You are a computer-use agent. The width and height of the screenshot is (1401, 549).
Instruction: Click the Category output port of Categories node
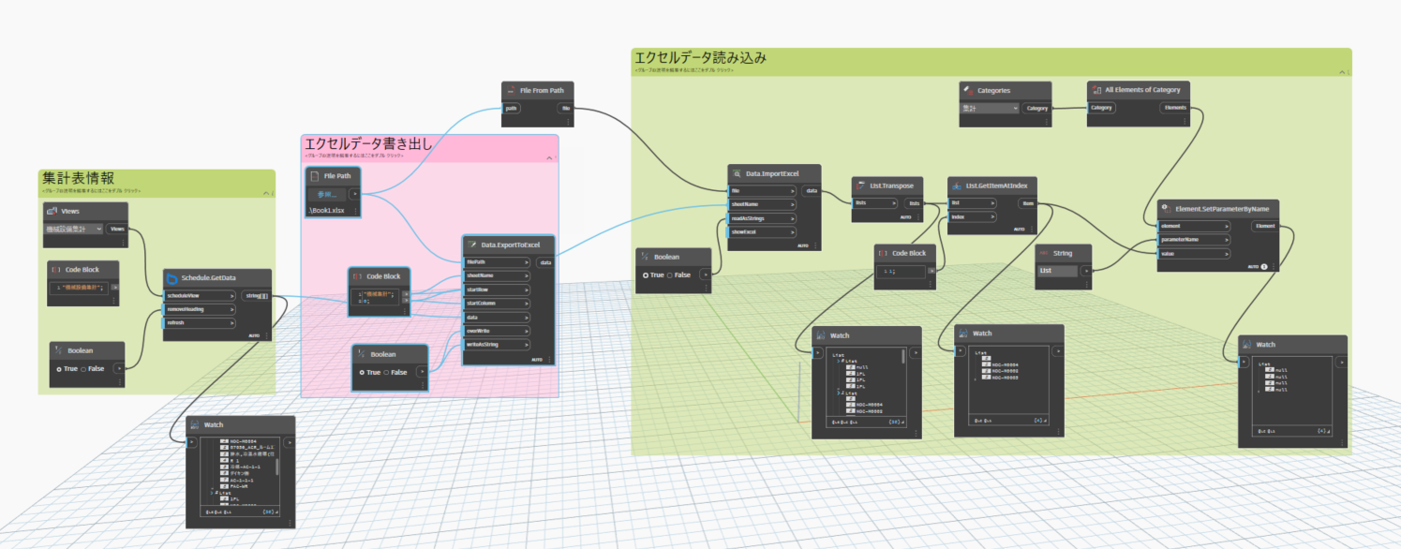[1036, 108]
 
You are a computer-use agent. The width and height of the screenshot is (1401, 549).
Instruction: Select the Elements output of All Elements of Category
[1175, 108]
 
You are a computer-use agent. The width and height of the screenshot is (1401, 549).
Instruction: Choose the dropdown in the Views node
[73, 229]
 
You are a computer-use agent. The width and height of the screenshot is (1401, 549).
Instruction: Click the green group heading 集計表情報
[78, 177]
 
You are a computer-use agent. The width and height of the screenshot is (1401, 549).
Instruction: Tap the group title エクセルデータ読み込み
[700, 57]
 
